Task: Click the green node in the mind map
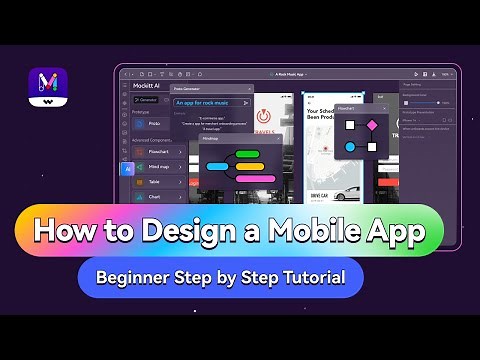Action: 247,154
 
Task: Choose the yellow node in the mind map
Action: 248,166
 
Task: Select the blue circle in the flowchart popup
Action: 350,147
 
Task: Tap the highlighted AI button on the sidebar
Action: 127,169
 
